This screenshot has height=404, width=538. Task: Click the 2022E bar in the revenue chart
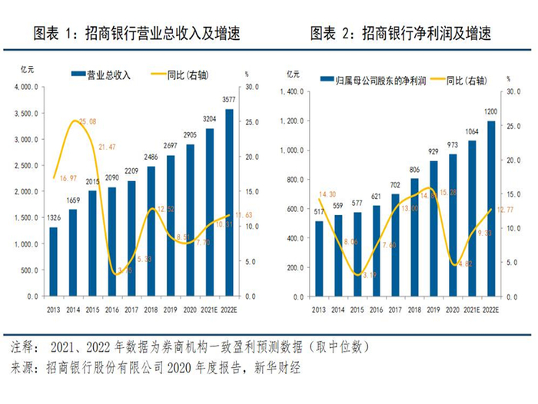229,203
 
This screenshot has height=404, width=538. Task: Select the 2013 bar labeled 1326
54,261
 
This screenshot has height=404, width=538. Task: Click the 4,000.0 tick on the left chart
28,88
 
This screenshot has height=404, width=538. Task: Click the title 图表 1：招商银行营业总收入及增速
136,34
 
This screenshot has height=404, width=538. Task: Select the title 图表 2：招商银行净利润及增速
400,34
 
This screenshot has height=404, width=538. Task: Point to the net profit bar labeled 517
319,258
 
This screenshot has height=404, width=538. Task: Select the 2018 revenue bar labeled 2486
151,231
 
